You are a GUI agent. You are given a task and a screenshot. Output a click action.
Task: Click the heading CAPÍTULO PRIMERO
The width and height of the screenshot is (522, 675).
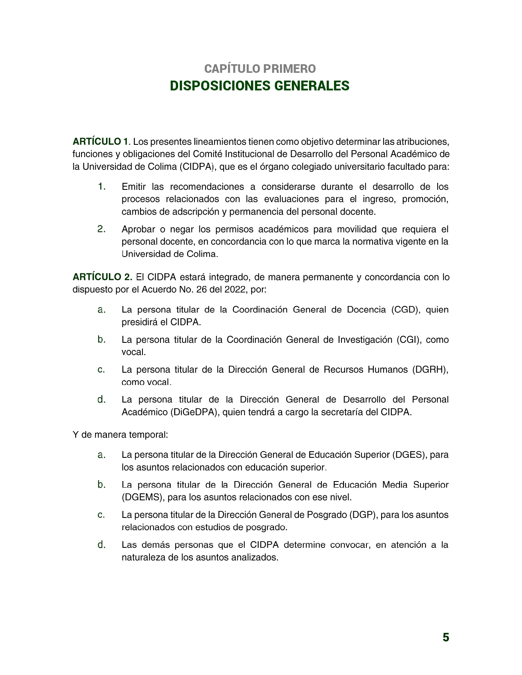click(260, 68)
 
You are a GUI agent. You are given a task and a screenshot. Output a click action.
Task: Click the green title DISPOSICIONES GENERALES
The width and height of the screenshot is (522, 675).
click(260, 86)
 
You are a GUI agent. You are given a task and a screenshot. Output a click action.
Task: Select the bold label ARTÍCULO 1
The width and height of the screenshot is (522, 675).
click(100, 142)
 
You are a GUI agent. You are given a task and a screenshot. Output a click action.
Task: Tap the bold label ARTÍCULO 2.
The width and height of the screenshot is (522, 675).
click(102, 277)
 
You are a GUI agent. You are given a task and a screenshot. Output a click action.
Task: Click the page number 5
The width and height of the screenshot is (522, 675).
click(446, 637)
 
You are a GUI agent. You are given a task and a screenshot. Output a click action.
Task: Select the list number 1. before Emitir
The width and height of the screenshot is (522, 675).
click(102, 187)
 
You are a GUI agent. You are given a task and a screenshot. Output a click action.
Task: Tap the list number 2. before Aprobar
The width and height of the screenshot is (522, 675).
click(102, 229)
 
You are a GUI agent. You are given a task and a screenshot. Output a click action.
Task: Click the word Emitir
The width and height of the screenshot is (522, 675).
click(133, 187)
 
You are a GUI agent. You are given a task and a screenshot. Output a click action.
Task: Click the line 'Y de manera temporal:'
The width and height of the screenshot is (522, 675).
click(120, 434)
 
